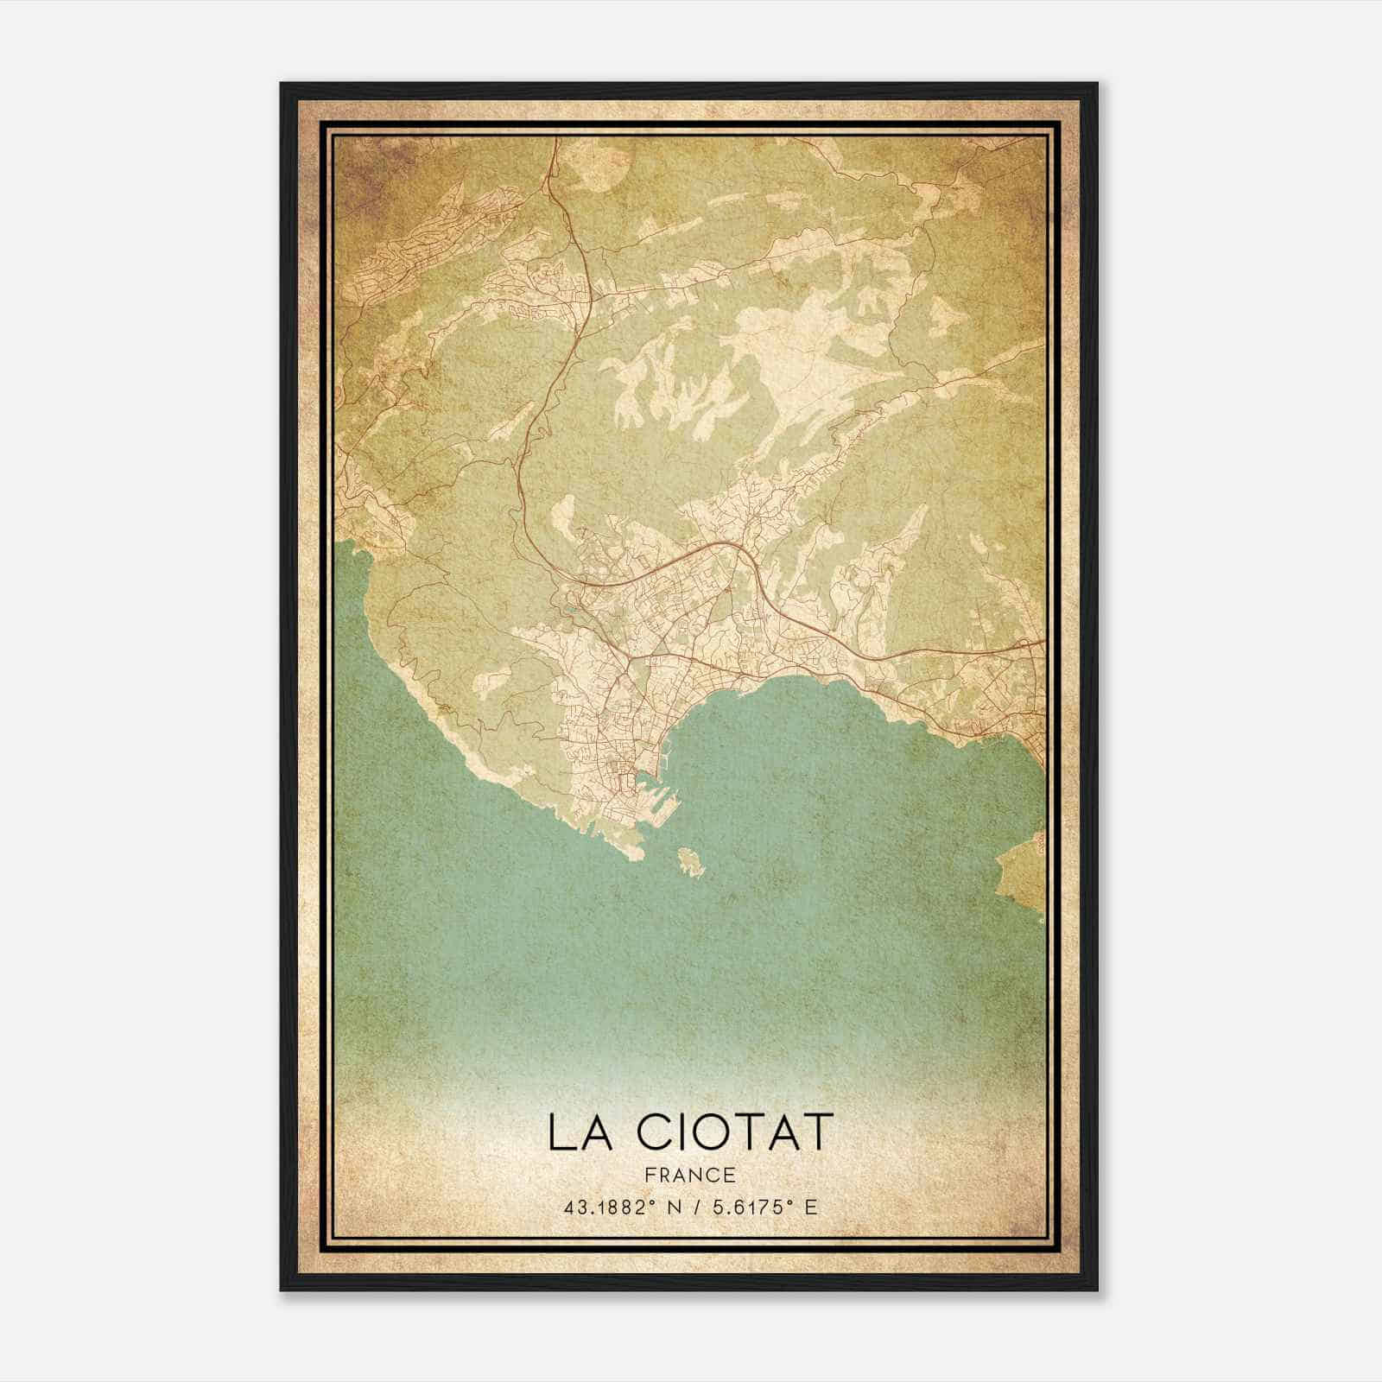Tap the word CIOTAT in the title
click(730, 1132)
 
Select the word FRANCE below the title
click(690, 1175)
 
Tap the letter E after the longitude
click(810, 1208)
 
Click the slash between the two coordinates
click(701, 1208)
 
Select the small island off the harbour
click(691, 862)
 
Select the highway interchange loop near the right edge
click(1032, 643)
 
